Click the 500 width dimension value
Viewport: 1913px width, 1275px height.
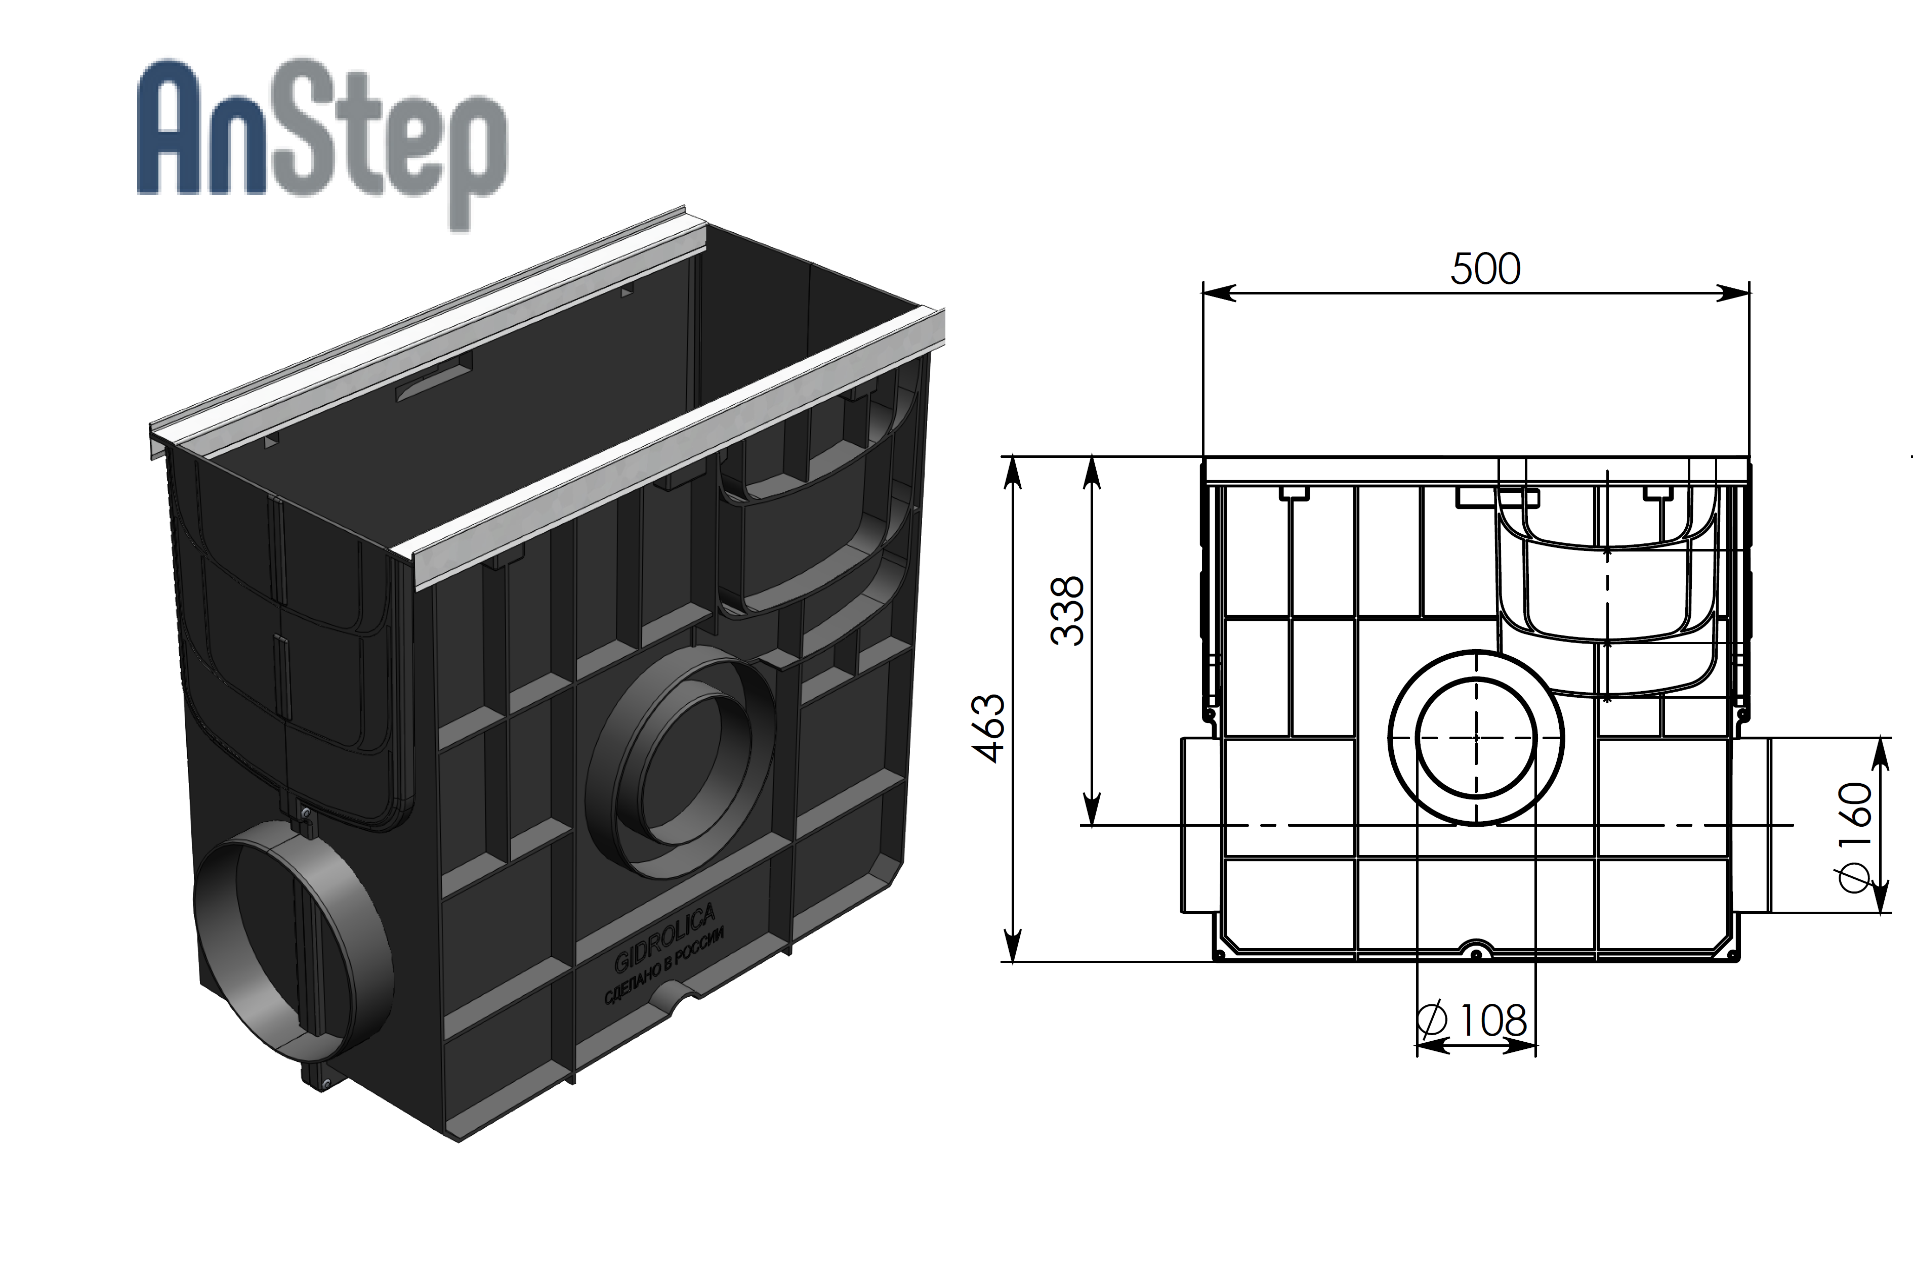pos(1485,269)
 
